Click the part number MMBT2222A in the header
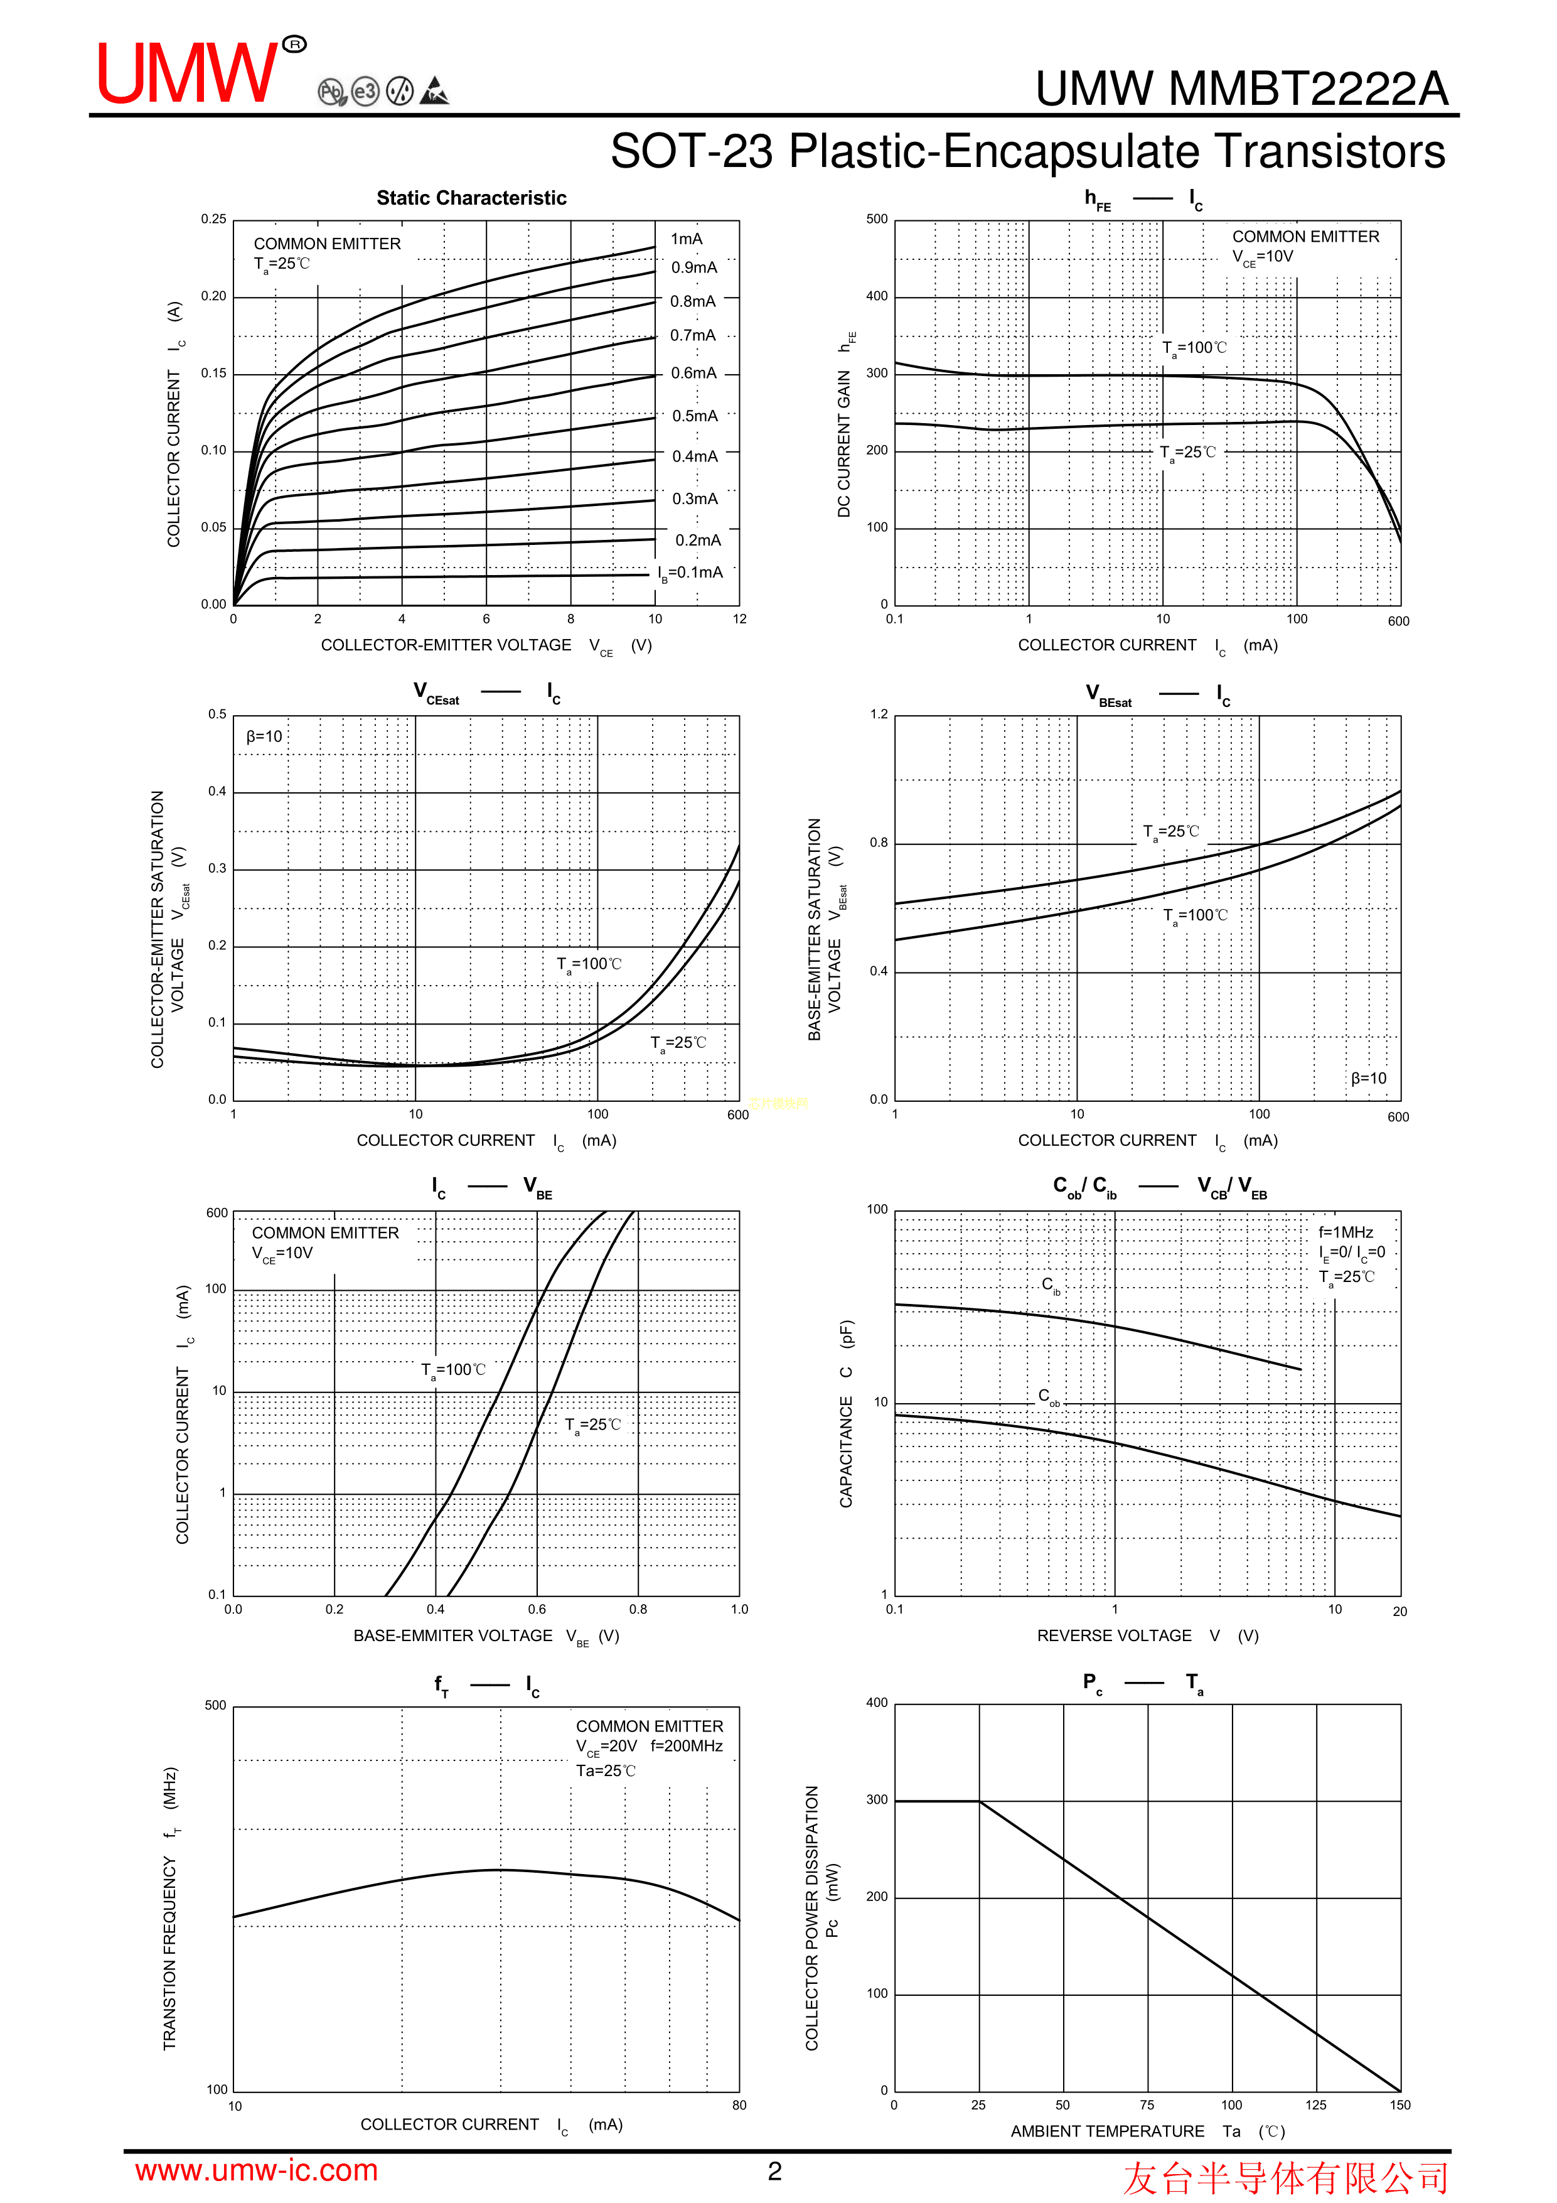[1307, 89]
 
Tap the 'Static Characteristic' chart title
[471, 198]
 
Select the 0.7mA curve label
[693, 335]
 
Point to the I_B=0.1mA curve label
[691, 573]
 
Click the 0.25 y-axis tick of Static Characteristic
[214, 218]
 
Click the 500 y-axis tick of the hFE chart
[877, 218]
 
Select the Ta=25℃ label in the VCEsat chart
[678, 1043]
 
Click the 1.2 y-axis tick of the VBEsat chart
[879, 714]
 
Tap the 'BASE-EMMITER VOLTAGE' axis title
[453, 1635]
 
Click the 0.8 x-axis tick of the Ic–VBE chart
[638, 1609]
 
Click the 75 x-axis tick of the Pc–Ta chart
[1147, 2105]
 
